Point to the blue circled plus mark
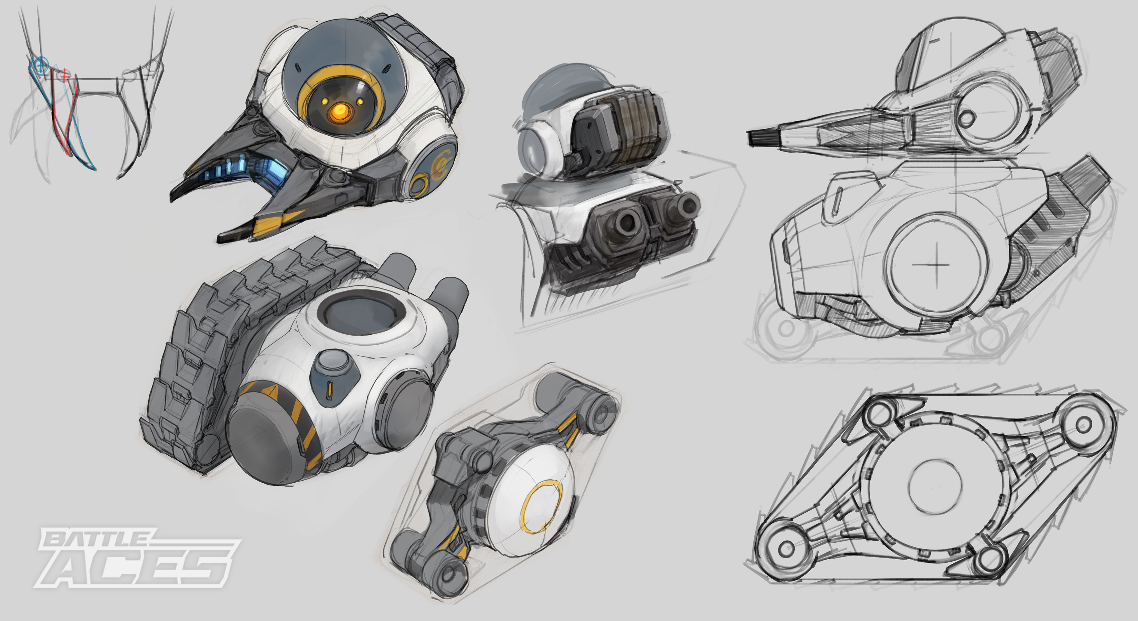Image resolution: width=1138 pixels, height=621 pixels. [41, 65]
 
